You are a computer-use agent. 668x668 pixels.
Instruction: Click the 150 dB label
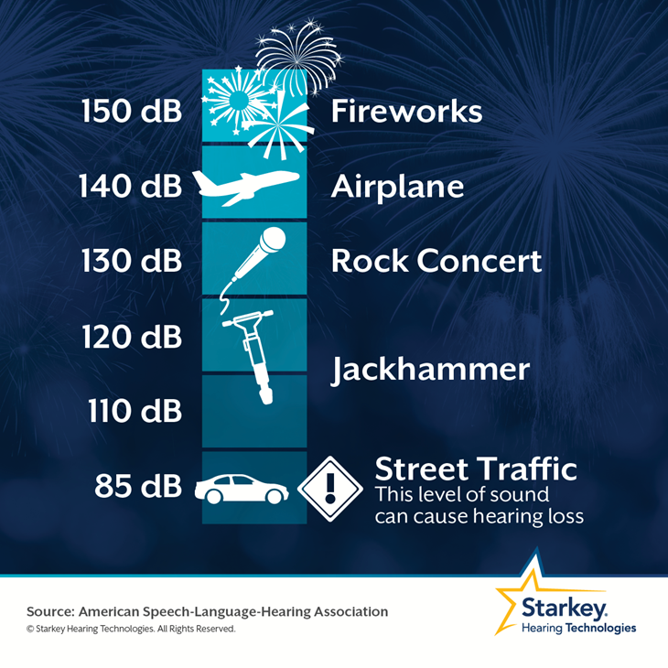[132, 112]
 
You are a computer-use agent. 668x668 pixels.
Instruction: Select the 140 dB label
[130, 186]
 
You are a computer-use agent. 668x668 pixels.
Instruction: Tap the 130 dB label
[132, 261]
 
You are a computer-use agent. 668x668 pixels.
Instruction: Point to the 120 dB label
[132, 337]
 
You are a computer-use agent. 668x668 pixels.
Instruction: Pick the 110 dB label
[135, 411]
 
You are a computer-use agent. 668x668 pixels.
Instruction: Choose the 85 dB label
[138, 486]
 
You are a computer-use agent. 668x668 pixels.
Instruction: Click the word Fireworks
[406, 112]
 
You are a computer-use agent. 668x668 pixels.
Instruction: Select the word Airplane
[397, 188]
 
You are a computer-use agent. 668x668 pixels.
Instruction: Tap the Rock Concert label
[436, 261]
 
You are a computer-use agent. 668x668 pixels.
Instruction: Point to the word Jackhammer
[431, 370]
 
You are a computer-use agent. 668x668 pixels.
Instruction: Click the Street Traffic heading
[476, 469]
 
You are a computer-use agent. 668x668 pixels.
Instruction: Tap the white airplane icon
[246, 187]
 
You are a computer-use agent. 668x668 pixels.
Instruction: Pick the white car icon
[242, 489]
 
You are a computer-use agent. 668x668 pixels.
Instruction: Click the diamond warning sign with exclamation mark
[330, 489]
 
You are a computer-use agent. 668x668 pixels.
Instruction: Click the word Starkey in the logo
[564, 608]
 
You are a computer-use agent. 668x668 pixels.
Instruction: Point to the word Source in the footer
[50, 612]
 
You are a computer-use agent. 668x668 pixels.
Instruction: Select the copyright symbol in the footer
[30, 629]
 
